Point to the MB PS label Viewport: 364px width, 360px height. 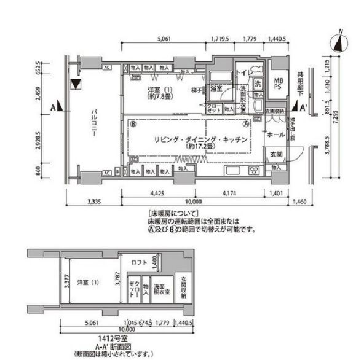pos(278,84)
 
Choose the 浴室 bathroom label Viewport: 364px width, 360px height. pos(216,89)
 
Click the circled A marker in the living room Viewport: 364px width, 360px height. pos(246,123)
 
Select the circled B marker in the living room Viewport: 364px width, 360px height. pos(133,123)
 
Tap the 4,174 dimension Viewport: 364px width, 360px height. pos(226,195)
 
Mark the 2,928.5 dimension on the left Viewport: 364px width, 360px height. pos(38,139)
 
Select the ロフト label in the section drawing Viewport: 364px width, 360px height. pos(140,262)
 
